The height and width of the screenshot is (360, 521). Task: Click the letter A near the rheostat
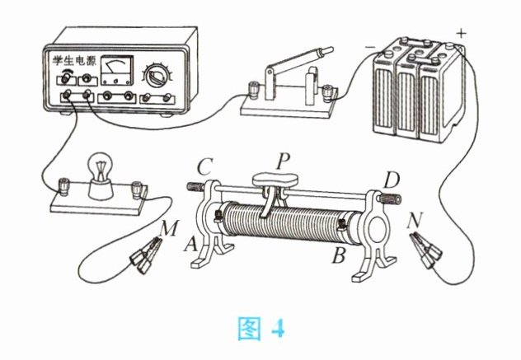coord(190,244)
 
